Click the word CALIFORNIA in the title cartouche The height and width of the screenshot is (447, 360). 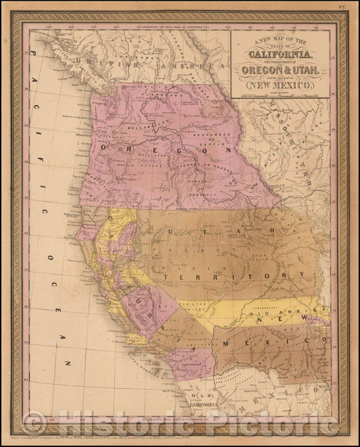click(x=281, y=55)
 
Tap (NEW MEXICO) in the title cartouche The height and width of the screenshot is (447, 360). click(x=281, y=86)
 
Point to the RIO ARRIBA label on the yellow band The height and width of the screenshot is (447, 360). click(x=274, y=313)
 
